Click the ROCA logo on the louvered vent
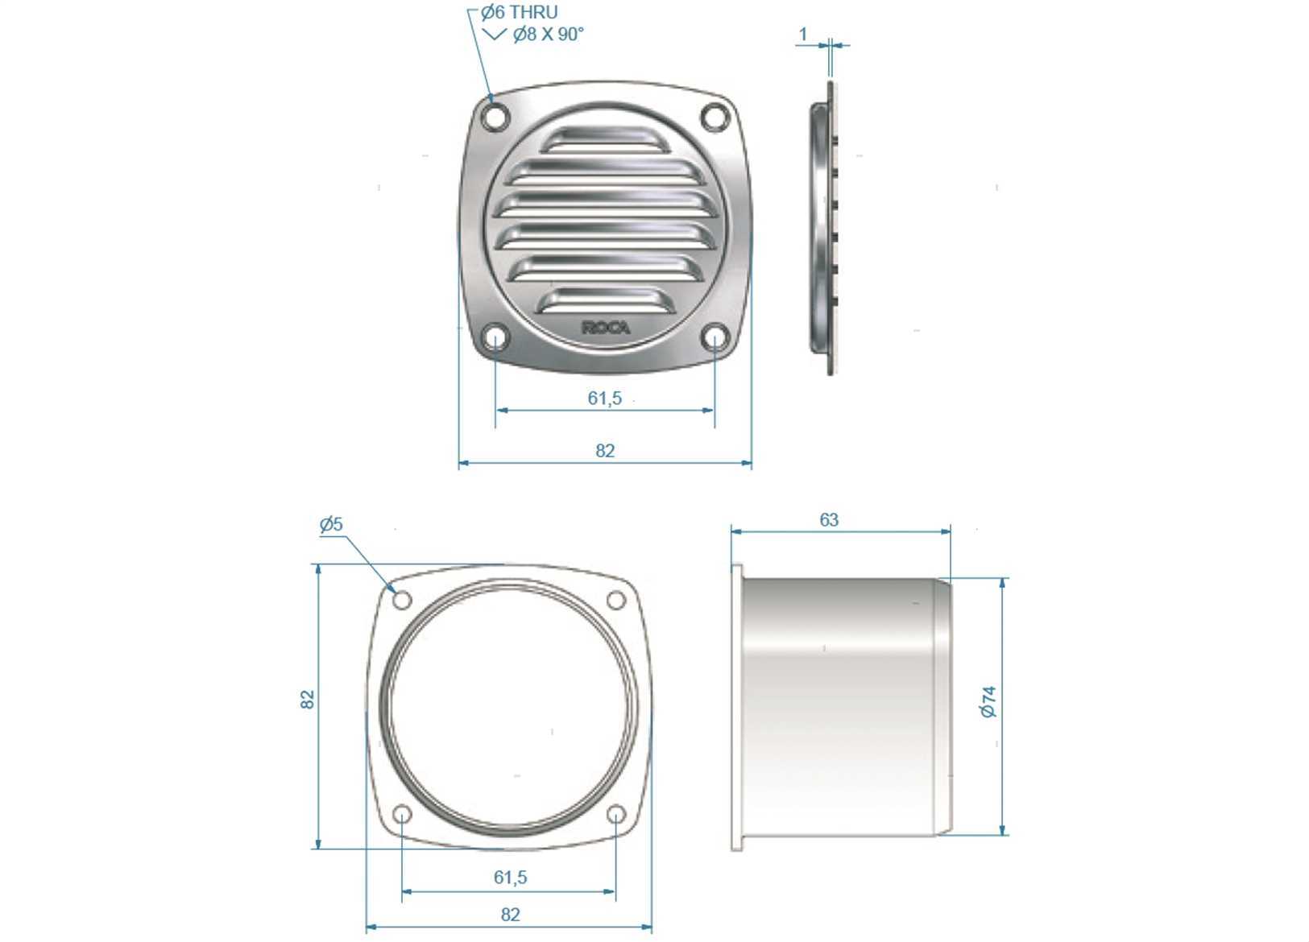[607, 328]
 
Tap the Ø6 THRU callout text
[519, 12]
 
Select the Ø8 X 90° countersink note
[548, 35]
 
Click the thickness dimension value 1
[803, 35]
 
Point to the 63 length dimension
[829, 520]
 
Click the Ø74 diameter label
[988, 702]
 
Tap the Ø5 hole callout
[331, 524]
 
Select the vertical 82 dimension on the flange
[308, 700]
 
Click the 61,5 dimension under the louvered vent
[605, 399]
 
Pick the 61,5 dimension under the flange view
[510, 877]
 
